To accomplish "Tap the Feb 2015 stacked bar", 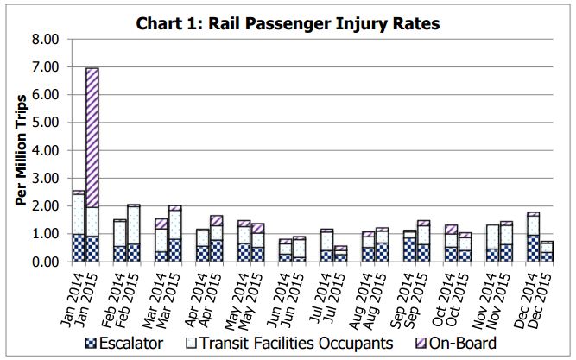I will pyautogui.click(x=133, y=233).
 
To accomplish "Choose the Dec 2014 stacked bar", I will pyautogui.click(x=533, y=237).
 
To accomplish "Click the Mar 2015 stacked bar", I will pyautogui.click(x=174, y=234).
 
